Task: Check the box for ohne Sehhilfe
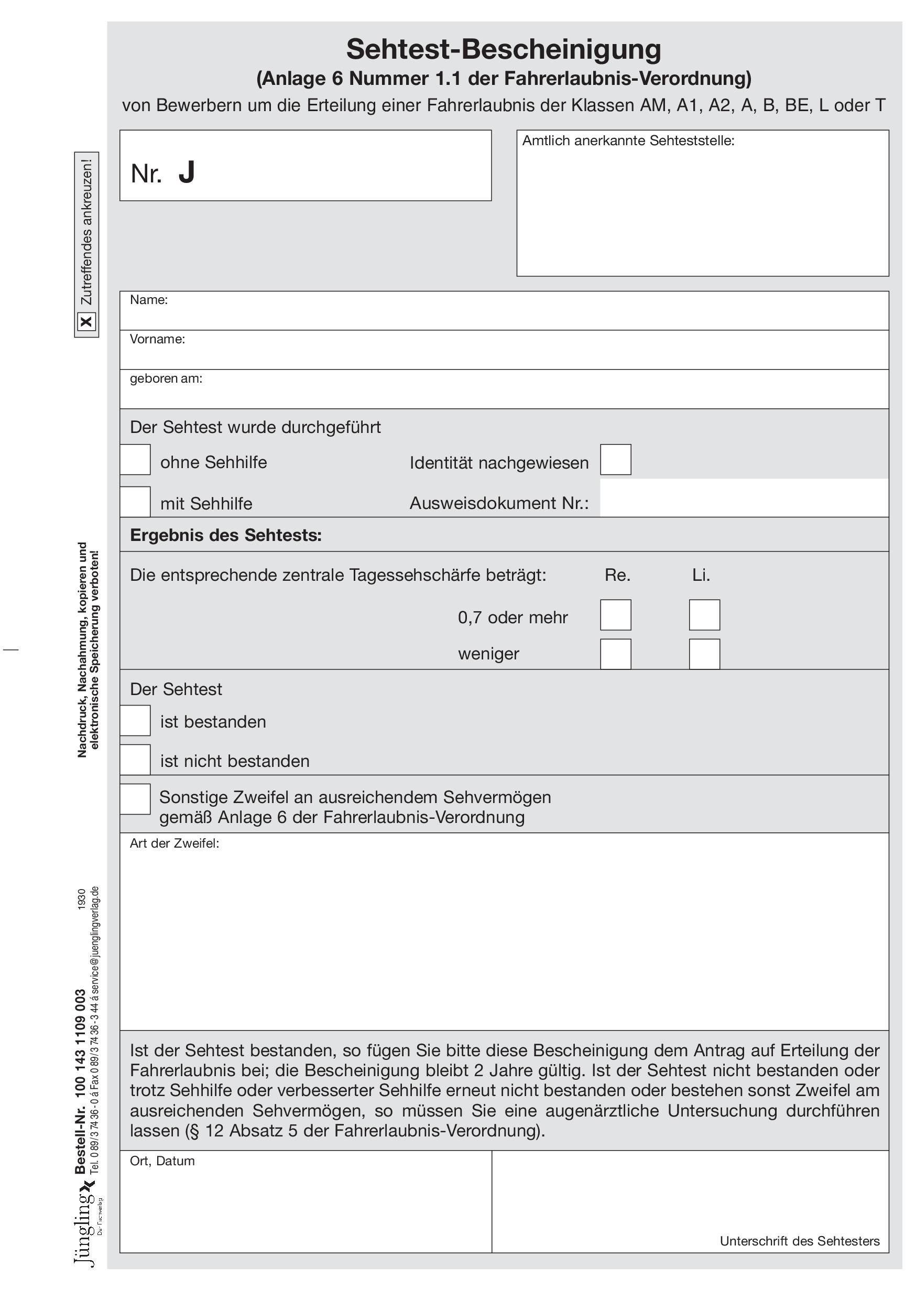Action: tap(135, 459)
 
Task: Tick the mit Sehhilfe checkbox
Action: tap(135, 502)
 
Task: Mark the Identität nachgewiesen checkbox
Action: tap(615, 459)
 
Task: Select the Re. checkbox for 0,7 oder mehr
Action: tap(615, 615)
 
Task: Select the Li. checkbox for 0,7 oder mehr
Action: tap(704, 615)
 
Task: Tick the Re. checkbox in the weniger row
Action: tap(615, 654)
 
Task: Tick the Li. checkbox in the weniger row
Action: tap(704, 654)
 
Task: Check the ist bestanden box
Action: tap(135, 720)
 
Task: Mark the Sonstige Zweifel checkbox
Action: tap(135, 799)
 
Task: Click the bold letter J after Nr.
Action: tap(187, 172)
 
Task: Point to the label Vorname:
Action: tap(157, 339)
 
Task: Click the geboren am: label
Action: tap(166, 378)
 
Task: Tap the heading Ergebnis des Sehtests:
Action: tap(226, 535)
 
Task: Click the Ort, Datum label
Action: tap(162, 1161)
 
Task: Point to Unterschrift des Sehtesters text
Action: tap(799, 1241)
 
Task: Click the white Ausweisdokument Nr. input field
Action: tap(743, 499)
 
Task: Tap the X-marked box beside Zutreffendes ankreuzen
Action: tap(86, 322)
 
